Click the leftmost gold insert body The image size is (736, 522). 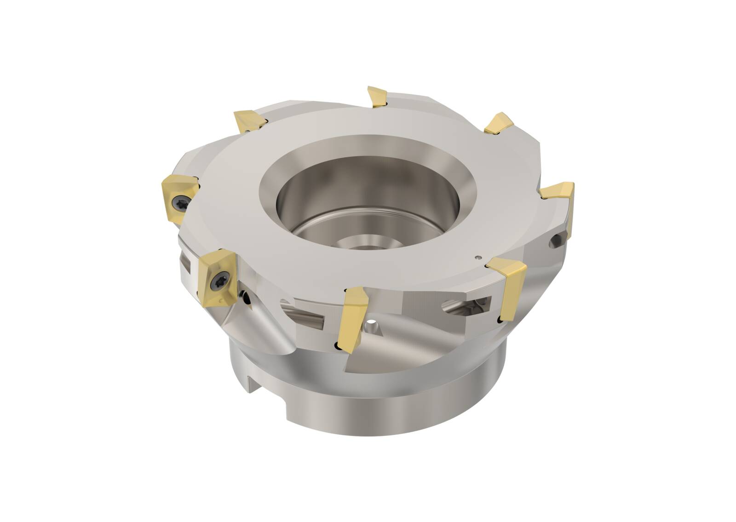pyautogui.click(x=179, y=198)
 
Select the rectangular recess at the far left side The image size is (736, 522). pyautogui.click(x=186, y=263)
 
